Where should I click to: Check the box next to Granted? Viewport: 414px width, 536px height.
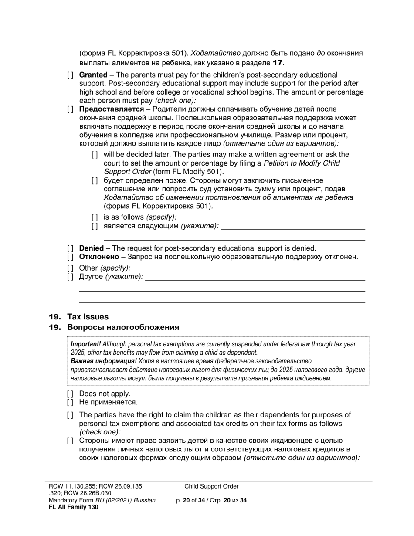[x=71, y=75]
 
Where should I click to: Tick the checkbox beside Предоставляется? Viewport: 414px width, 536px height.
[x=71, y=109]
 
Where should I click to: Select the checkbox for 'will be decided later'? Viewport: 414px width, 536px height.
[x=95, y=155]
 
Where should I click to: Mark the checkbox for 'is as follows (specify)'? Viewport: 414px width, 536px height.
[x=95, y=217]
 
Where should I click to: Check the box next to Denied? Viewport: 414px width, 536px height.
[x=71, y=248]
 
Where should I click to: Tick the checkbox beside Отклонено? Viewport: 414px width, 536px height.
[x=71, y=257]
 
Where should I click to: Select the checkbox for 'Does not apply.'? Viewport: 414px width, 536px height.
[x=71, y=394]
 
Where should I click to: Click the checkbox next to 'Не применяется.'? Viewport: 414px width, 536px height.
[x=71, y=402]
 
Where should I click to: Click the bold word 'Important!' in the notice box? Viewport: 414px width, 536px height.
[x=85, y=344]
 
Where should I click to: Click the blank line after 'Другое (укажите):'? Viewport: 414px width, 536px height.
[x=255, y=279]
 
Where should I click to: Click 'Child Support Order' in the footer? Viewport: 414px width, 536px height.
[x=211, y=486]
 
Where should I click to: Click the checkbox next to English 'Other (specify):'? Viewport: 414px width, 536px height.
[x=71, y=268]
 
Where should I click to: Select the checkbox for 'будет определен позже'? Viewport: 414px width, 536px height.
[x=95, y=180]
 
